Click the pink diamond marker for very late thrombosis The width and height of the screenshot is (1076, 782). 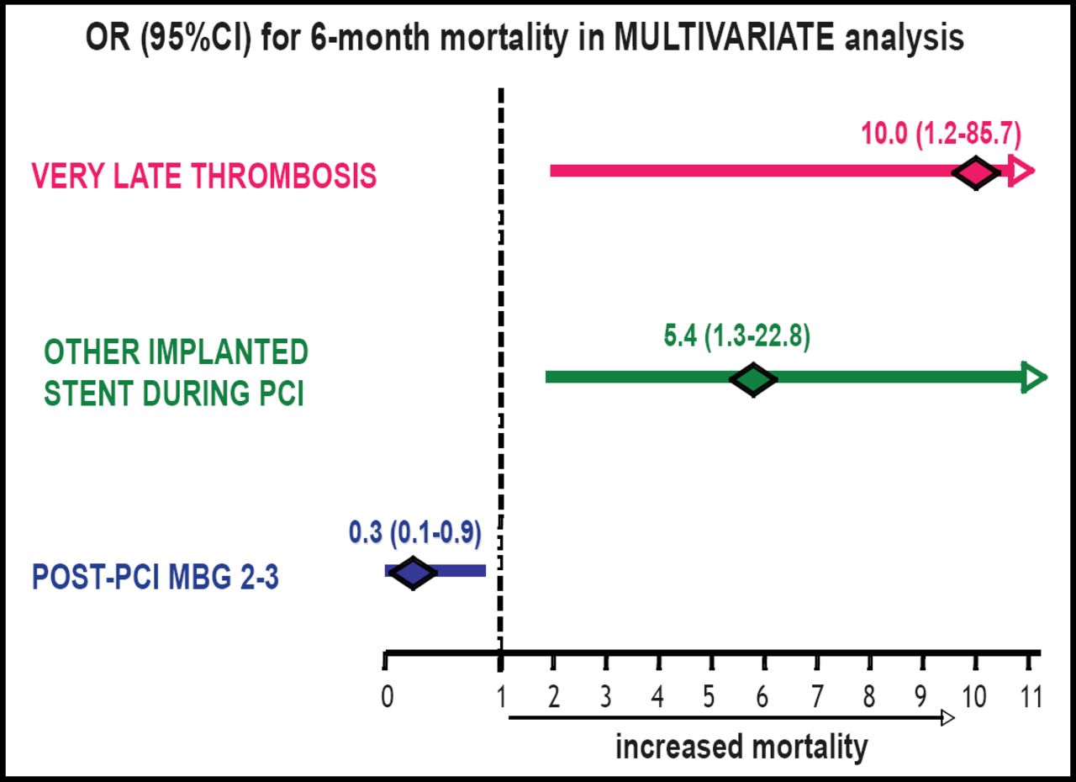[x=975, y=172]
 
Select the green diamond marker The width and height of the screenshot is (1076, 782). [x=753, y=378]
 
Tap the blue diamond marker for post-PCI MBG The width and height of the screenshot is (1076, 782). [x=413, y=573]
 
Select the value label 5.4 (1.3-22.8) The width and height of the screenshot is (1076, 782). [x=736, y=337]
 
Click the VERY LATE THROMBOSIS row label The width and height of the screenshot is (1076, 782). [x=204, y=177]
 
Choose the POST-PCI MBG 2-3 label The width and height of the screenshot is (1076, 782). [x=156, y=579]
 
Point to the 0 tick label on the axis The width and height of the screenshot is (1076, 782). [x=386, y=697]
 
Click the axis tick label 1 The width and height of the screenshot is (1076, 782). [x=501, y=697]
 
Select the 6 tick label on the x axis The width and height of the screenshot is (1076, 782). [x=763, y=697]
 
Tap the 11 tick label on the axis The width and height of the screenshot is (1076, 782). [x=1030, y=697]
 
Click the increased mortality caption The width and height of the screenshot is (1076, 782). [x=741, y=746]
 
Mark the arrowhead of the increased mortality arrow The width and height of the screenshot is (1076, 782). [x=948, y=718]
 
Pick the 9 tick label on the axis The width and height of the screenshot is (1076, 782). [x=921, y=697]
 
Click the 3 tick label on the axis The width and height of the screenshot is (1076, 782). [x=605, y=697]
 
